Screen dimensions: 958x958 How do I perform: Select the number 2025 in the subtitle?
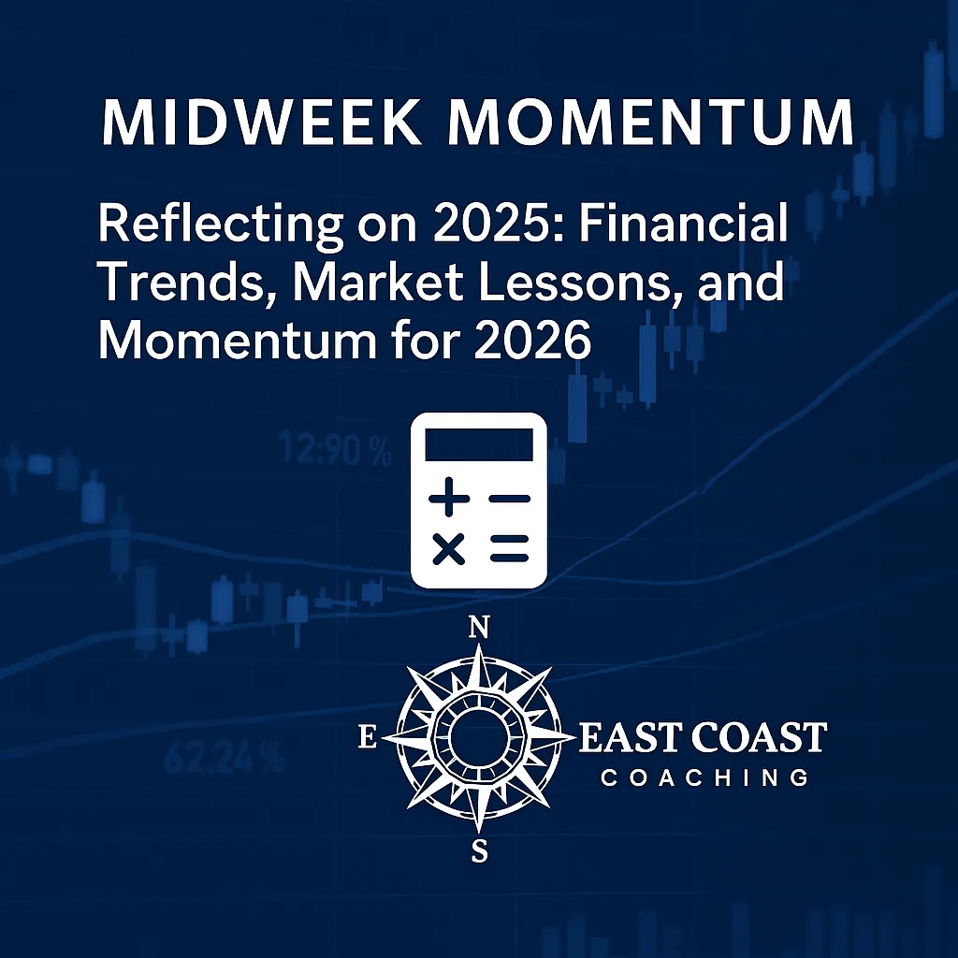416,227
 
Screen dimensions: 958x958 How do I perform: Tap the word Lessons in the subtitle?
607,283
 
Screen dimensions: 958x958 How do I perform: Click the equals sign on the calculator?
509,549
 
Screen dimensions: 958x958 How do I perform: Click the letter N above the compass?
478,629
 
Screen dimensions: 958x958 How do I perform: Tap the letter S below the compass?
479,851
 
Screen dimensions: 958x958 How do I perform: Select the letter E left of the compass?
368,739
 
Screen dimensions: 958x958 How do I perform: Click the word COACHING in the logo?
704,777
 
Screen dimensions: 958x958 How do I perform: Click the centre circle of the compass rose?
478,739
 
